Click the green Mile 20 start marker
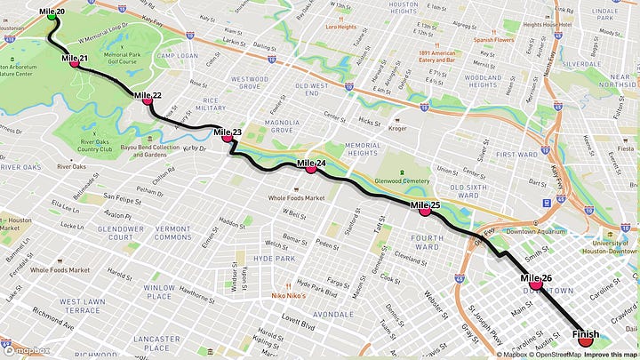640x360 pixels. click(51, 15)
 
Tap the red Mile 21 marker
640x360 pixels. click(74, 62)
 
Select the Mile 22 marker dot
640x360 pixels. click(148, 100)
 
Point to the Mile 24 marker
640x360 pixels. click(311, 167)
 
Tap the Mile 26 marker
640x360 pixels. click(537, 284)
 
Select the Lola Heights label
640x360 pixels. click(340, 27)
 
